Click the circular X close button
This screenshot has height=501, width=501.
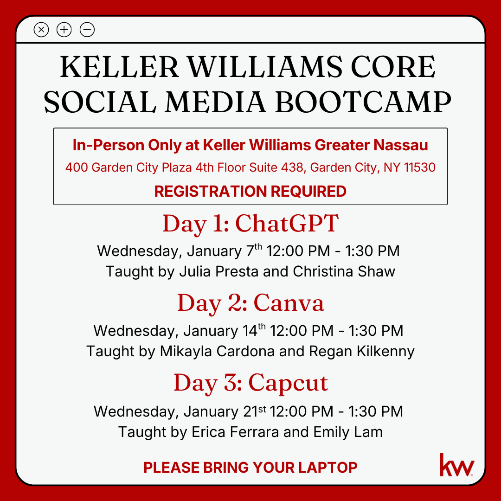coord(41,30)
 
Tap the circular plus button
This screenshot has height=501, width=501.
coord(64,30)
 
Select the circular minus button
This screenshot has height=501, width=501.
coord(87,30)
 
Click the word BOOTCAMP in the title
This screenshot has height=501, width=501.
coord(363,102)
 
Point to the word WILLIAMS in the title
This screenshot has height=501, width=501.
coord(265,67)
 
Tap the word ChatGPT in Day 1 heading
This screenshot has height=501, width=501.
coord(287,223)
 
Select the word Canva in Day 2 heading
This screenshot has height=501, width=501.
coord(289,303)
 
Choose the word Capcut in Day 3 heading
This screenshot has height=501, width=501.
coord(288,383)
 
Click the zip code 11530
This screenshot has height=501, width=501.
coord(419,167)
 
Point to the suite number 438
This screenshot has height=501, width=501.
coord(292,167)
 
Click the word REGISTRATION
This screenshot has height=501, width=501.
coord(210,192)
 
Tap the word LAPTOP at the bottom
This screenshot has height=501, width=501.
coord(328,468)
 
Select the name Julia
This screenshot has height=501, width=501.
coord(195,271)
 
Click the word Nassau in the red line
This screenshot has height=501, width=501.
coord(401,145)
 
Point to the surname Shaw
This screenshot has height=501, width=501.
coord(376,271)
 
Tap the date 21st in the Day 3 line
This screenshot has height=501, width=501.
coord(254,411)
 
